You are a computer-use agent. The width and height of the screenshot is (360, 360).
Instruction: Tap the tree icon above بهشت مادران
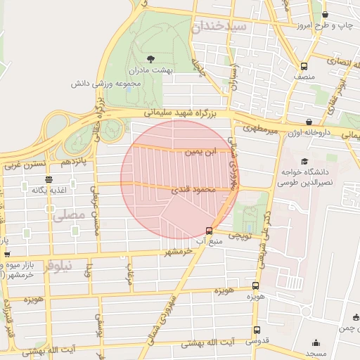pyautogui.click(x=150, y=59)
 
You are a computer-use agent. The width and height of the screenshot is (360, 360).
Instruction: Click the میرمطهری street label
pyautogui.click(x=261, y=129)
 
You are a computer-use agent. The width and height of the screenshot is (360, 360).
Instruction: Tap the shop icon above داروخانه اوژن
pyautogui.click(x=310, y=122)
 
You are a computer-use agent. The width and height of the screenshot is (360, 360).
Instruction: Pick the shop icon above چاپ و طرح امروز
pyautogui.click(x=325, y=14)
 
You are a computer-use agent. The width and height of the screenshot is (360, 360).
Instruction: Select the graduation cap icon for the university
pyautogui.click(x=304, y=160)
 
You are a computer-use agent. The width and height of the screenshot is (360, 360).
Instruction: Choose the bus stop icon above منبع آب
pyautogui.click(x=209, y=231)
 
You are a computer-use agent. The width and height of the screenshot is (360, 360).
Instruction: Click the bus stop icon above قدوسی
pyautogui.click(x=257, y=329)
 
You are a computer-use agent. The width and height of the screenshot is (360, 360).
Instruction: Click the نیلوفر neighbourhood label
pyautogui.click(x=58, y=266)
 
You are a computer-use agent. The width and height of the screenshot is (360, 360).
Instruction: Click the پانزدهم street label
pyautogui.click(x=74, y=162)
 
